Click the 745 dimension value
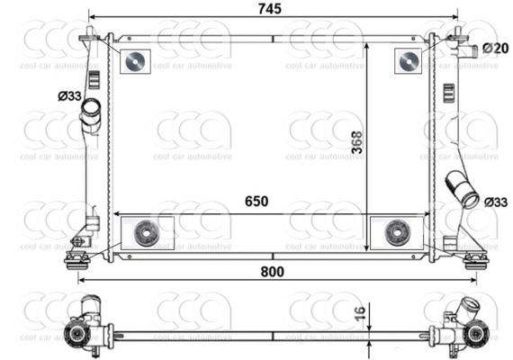coord(270,9)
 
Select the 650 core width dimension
coord(256,202)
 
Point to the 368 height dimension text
coord(357,142)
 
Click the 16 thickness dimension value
coord(360,315)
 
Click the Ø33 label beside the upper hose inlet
coord(69,95)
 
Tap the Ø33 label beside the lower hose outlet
coord(496,202)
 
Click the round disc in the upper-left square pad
coord(133,60)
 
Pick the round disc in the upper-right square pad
coord(408,60)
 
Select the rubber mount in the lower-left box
coord(144,233)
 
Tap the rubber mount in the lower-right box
coord(396,233)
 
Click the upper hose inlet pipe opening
coord(91,111)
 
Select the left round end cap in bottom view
coord(76,336)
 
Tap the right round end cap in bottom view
coord(474,336)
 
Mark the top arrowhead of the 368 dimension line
coord(366,43)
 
